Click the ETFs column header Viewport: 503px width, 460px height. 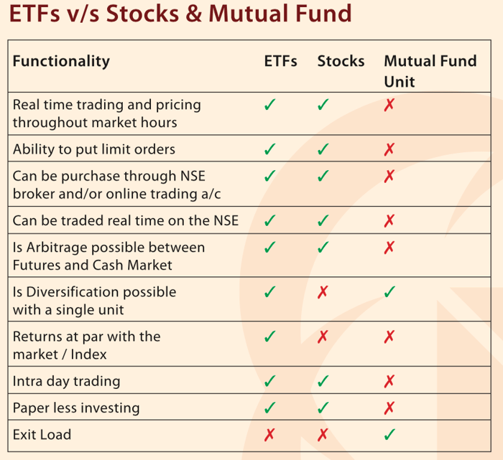pos(280,62)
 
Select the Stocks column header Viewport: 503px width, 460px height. pos(341,62)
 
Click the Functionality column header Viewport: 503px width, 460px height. pos(61,62)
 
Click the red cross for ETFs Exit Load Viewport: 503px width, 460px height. pos(270,434)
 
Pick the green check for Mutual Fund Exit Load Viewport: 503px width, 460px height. pos(389,434)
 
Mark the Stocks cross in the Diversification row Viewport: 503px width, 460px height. pos(323,292)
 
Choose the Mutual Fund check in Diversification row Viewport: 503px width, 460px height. pos(389,292)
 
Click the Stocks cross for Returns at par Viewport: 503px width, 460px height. pos(323,337)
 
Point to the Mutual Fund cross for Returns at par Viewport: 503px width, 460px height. pos(389,337)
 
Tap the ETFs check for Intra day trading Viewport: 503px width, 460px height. pos(270,381)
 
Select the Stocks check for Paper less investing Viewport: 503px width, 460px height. pos(323,408)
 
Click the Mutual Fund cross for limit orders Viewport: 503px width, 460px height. pos(389,149)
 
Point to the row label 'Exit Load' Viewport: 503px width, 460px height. pos(42,434)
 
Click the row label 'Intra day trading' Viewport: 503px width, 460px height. pos(66,381)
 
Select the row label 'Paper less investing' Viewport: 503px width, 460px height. pos(75,408)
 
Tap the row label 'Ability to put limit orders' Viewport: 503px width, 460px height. pos(93,149)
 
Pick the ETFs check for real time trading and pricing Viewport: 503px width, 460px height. pos(270,105)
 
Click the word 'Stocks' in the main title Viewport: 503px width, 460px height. pos(147,14)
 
